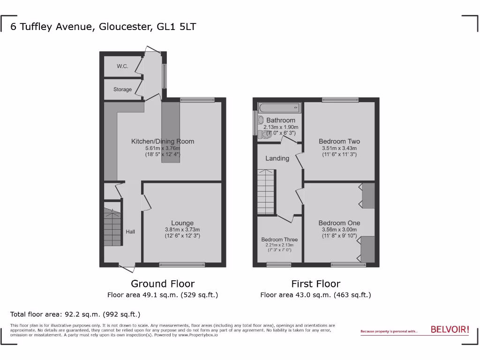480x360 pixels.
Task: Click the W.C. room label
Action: (x=122, y=67)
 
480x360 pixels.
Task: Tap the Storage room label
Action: (x=122, y=90)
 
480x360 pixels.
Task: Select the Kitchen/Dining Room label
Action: (x=162, y=141)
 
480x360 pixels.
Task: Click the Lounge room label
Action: (x=182, y=223)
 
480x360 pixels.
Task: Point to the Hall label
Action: (x=130, y=232)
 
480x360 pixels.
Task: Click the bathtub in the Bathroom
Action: (x=278, y=108)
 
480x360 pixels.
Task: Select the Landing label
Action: (x=277, y=158)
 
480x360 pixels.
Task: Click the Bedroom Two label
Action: (x=339, y=141)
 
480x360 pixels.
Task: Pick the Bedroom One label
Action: (x=339, y=223)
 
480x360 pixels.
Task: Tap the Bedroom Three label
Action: (x=279, y=240)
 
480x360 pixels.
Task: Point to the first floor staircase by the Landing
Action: (x=265, y=192)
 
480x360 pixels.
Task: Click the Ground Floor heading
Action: (x=162, y=284)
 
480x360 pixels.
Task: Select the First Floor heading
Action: (x=315, y=284)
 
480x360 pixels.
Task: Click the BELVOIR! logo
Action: (x=450, y=330)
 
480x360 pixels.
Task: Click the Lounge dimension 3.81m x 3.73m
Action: (x=182, y=230)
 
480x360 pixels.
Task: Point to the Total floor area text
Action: (x=75, y=315)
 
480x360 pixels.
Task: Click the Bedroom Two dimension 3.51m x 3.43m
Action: (x=339, y=148)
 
